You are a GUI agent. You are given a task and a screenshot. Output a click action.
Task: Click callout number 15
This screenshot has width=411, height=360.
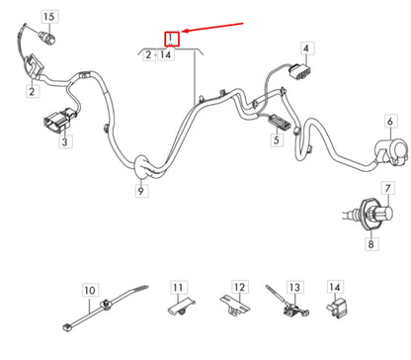pyautogui.click(x=49, y=17)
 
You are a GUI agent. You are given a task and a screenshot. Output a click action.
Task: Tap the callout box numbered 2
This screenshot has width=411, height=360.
pyautogui.click(x=32, y=92)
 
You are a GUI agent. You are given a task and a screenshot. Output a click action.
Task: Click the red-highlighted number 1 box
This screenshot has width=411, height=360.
pyautogui.click(x=172, y=39)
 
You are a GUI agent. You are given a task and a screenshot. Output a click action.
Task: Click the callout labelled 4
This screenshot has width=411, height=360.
pyautogui.click(x=306, y=47)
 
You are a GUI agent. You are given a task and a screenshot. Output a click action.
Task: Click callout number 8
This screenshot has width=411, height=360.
pyautogui.click(x=370, y=243)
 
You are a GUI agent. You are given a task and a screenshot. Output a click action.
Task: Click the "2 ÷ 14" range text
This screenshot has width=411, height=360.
pyautogui.click(x=160, y=56)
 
